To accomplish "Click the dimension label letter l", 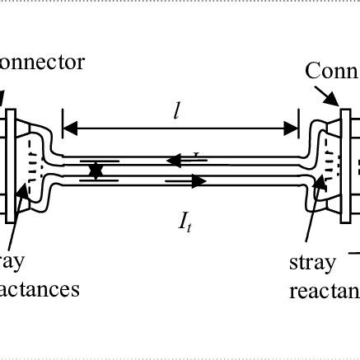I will (177, 110).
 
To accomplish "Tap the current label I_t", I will (185, 222).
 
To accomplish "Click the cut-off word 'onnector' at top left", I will (42, 63).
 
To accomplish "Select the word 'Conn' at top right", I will (332, 70).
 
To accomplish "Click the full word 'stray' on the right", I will (312, 264).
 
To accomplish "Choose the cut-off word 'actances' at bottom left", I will (40, 289).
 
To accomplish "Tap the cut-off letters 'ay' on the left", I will (12, 263).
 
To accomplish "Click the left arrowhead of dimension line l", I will (70, 128).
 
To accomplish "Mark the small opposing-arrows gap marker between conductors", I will (96, 171).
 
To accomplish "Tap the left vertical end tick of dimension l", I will (63, 128).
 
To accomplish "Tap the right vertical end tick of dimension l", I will (297, 128).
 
